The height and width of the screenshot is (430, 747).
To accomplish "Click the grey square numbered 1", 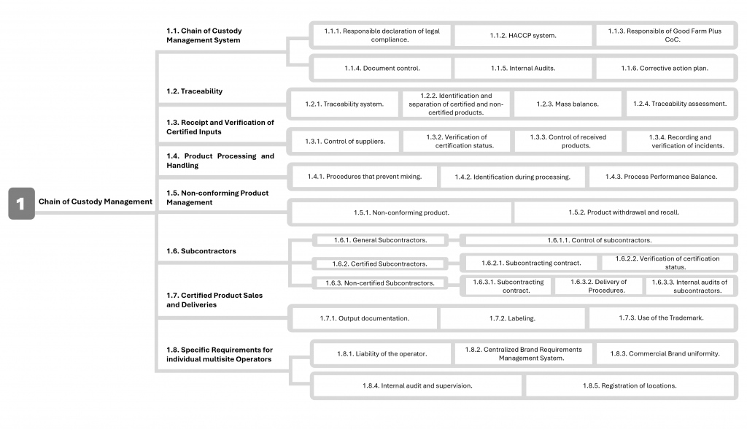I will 20,203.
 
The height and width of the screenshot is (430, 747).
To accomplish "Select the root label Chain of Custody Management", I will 96,202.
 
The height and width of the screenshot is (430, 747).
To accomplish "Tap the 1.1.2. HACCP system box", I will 523,35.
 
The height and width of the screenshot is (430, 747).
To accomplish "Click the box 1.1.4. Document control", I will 382,68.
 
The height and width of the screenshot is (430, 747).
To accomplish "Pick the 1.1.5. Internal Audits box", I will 523,68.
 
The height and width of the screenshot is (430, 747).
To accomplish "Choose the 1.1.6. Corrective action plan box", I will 665,68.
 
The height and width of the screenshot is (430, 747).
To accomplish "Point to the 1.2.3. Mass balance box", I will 568,104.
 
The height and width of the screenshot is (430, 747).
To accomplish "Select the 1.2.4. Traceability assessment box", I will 680,104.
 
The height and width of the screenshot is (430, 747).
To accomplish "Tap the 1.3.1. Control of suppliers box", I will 345,141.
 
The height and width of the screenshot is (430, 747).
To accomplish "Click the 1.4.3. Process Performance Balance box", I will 662,177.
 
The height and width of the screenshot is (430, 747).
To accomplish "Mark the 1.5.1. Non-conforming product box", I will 401,212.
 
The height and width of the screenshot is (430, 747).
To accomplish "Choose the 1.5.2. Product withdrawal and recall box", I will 624,212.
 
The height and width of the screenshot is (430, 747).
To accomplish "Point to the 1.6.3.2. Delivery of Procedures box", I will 598,286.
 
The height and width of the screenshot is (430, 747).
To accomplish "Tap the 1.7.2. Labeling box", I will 512,318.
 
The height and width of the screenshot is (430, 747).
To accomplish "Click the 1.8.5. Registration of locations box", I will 630,385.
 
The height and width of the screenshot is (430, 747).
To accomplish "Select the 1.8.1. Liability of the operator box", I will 382,353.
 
